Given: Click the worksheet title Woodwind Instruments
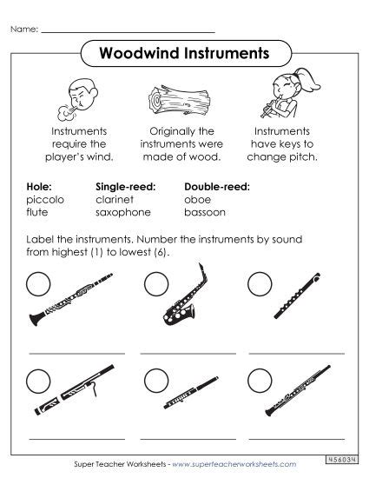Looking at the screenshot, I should point(183,53).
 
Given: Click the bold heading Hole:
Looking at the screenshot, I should point(40,186).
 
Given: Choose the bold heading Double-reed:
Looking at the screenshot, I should point(217,186).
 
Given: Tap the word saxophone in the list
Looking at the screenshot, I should point(122,212).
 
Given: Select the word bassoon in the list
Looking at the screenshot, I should point(205,212).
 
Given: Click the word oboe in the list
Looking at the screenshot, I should point(197,199).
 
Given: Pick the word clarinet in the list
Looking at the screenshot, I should point(115,199).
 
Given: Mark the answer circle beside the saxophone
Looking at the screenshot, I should point(155,282).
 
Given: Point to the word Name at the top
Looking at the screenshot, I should point(24,29).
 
